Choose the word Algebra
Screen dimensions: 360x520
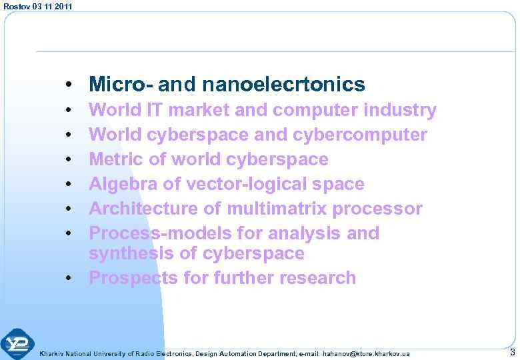point(122,184)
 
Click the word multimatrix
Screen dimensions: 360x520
point(277,209)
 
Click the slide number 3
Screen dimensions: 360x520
point(511,351)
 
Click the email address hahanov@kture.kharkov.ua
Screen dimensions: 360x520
point(366,353)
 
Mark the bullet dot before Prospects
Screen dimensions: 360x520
point(69,278)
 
